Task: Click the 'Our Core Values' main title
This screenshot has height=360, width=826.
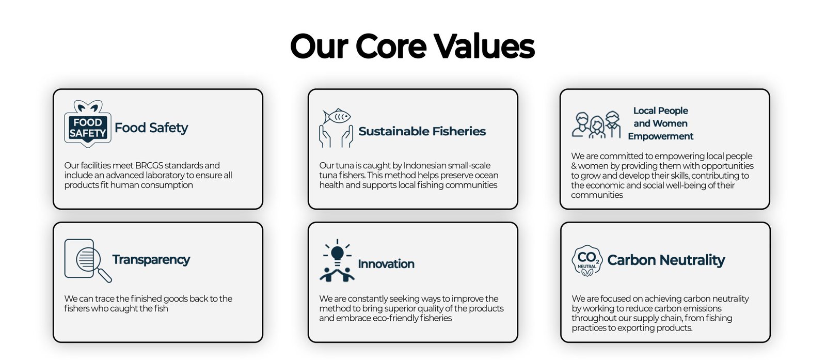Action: click(412, 46)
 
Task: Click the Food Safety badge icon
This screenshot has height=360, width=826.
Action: click(88, 124)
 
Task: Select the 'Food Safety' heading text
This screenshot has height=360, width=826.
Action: click(151, 128)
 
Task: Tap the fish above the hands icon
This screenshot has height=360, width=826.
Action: click(337, 116)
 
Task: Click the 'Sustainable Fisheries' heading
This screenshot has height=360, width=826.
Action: click(422, 131)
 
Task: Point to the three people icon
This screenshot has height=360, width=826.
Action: click(596, 125)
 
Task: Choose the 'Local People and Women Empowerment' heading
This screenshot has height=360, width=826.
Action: click(660, 123)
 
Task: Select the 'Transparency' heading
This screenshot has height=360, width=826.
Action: click(151, 259)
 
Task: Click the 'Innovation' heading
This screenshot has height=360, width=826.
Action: click(386, 264)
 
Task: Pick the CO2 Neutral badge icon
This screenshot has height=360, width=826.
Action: click(587, 261)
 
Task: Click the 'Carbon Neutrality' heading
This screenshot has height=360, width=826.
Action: click(666, 260)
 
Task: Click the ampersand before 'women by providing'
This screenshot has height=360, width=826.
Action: click(574, 166)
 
